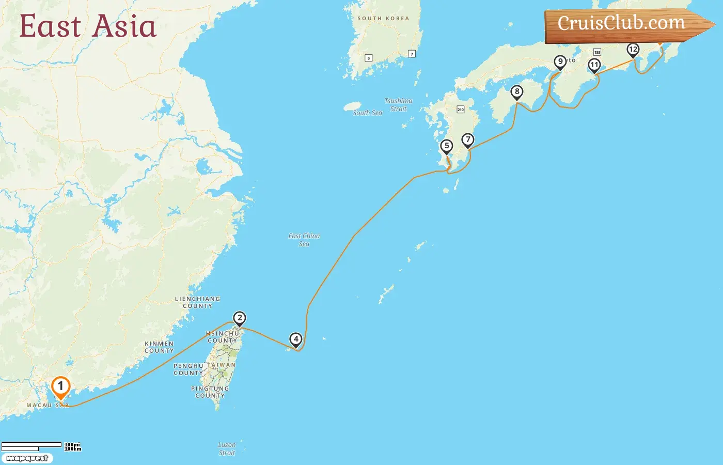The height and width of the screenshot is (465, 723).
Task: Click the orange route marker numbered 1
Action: (60, 386)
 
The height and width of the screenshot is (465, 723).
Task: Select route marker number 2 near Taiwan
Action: (239, 318)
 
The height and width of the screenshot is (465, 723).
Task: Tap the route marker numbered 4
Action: (296, 339)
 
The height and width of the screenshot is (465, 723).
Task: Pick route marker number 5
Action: (447, 146)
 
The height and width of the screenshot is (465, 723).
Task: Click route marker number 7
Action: (468, 140)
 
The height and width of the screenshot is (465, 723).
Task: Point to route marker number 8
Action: (517, 92)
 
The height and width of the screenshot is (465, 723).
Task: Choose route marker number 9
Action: (560, 62)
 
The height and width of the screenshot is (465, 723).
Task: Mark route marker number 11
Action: (594, 65)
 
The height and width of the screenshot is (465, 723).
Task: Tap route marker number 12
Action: (633, 50)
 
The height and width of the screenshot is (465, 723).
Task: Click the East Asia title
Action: (88, 26)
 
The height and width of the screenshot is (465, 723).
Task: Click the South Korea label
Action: (383, 19)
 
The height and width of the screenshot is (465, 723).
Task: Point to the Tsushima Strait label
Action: (399, 105)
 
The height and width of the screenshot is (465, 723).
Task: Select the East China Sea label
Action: (304, 240)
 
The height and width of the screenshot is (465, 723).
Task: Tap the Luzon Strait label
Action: (227, 448)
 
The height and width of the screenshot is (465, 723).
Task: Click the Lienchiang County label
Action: (197, 302)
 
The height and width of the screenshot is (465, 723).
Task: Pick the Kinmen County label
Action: (159, 347)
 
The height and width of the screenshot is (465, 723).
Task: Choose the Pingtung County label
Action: (210, 392)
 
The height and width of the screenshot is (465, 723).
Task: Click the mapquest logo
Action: (27, 458)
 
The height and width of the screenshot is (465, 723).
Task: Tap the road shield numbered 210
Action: (461, 110)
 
